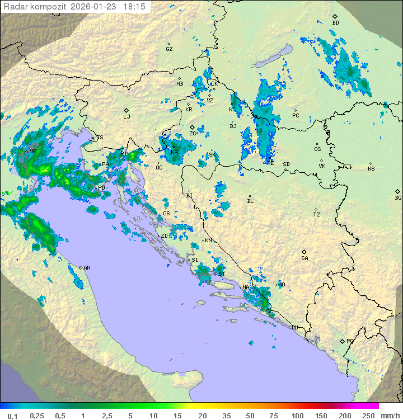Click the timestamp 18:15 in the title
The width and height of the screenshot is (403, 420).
tap(135, 6)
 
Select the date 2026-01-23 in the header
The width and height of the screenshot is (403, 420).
tap(97, 6)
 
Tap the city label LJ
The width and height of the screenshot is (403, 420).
tap(126, 116)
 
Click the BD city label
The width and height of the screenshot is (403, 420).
tap(335, 22)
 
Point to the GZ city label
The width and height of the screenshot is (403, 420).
tap(169, 49)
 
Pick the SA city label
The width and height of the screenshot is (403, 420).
tap(304, 258)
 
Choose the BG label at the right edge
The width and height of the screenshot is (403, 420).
tap(398, 197)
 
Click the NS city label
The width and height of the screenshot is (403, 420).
tap(371, 168)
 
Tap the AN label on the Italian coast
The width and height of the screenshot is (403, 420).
tap(87, 268)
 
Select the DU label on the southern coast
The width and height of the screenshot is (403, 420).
tap(294, 328)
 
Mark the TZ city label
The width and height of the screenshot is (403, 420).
tap(317, 214)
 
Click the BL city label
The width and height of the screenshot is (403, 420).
tap(250, 201)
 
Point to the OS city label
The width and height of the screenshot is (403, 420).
tap(317, 149)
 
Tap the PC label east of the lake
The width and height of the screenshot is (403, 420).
tap(296, 116)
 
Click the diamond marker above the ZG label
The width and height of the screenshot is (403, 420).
tap(192, 128)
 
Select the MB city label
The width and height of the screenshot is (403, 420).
tap(180, 84)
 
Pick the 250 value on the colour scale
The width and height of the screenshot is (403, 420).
tap(368, 416)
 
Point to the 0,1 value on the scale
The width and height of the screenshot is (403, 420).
tap(12, 416)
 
